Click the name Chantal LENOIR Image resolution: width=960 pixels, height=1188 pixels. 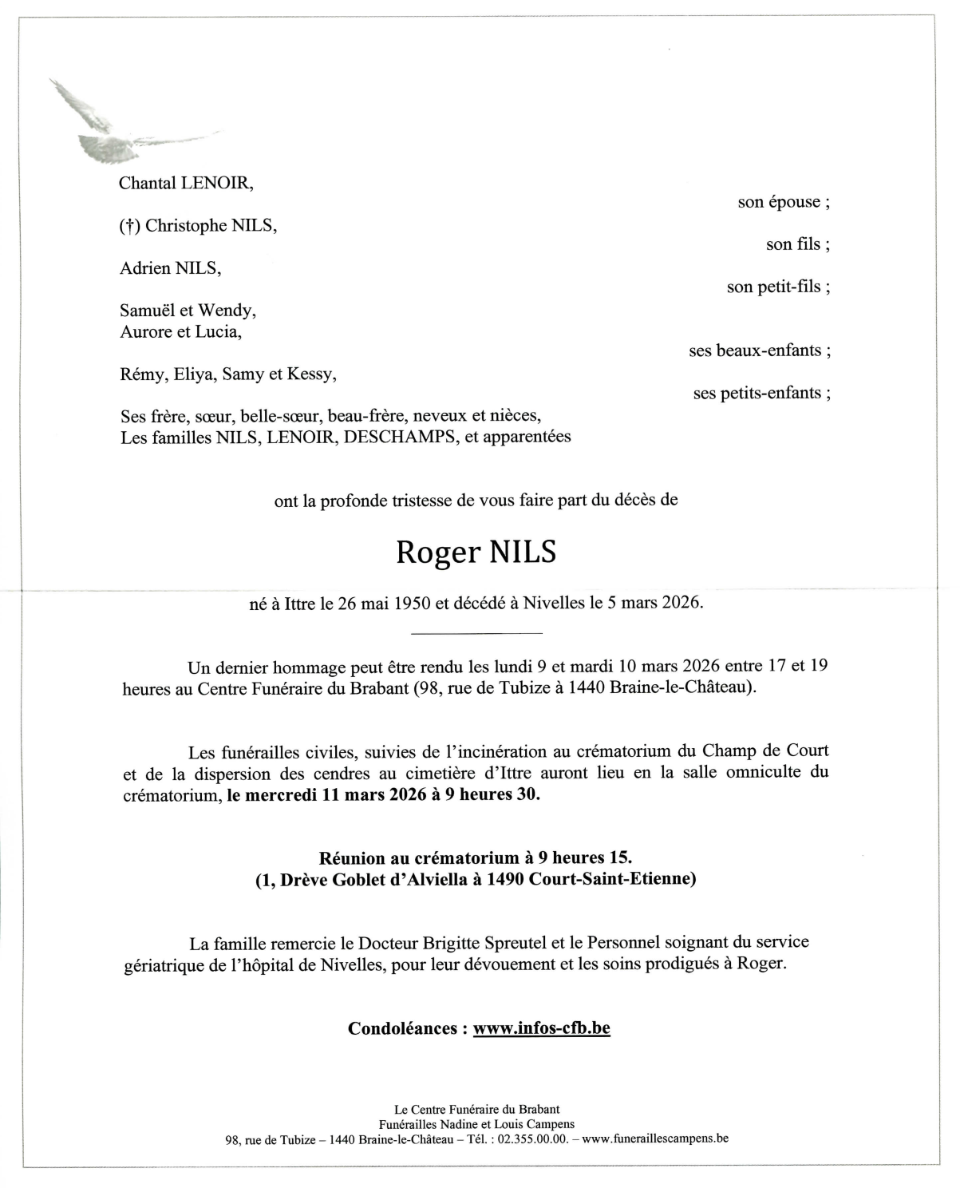coord(185,183)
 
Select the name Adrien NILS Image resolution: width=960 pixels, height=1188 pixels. coord(170,268)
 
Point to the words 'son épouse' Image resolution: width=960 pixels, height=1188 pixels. coord(784,202)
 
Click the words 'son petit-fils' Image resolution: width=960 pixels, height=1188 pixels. coord(778,287)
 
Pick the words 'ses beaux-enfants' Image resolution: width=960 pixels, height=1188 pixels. coord(760,350)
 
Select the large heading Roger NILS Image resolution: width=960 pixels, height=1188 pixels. coord(476,552)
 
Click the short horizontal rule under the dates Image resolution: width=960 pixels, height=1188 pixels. coord(476,634)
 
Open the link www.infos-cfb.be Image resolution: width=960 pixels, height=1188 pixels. coord(541,1028)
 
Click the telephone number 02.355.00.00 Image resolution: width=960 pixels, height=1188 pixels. coord(533,1139)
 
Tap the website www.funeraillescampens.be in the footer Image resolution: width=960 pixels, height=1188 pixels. coord(655,1139)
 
